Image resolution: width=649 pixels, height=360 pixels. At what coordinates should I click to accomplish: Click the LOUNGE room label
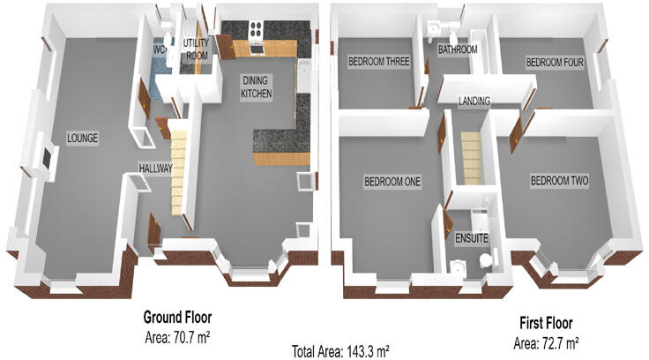[x=81, y=139]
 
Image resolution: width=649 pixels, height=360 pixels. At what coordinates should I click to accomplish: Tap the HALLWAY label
[x=155, y=168]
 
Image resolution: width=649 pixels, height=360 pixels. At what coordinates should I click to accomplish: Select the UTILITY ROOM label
[x=195, y=49]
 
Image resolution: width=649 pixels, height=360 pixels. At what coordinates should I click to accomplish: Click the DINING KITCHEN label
[x=257, y=86]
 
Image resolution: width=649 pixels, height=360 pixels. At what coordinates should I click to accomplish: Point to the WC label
[x=160, y=50]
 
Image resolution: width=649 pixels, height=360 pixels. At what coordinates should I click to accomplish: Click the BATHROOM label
[x=458, y=50]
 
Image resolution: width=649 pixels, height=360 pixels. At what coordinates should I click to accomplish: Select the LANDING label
[x=474, y=101]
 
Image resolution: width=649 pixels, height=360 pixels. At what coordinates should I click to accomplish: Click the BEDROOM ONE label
[x=392, y=183]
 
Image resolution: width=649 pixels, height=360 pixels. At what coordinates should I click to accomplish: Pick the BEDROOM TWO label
[x=559, y=182]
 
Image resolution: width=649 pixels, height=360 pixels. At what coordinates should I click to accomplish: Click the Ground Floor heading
[x=177, y=318]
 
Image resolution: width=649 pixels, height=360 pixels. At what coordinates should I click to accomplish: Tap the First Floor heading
[x=545, y=324]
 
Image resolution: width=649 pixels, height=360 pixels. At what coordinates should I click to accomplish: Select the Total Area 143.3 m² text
[x=340, y=350]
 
